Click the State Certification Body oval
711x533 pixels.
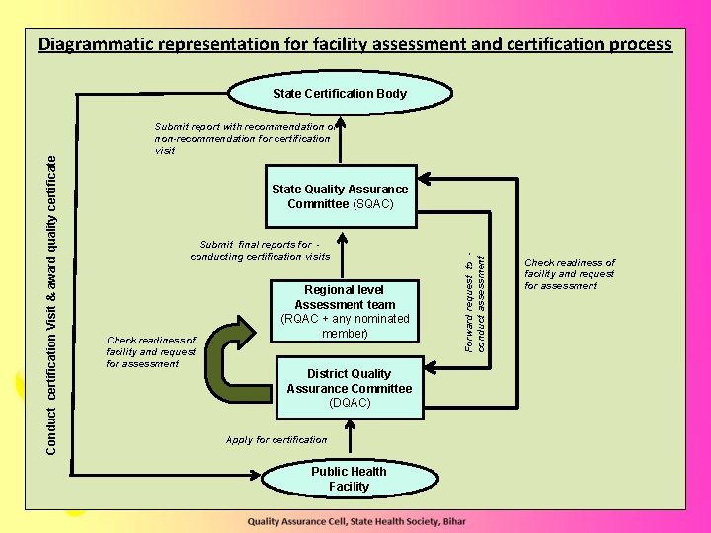(x=339, y=94)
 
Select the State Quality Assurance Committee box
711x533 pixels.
(x=340, y=196)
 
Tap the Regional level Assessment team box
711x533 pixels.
(x=344, y=312)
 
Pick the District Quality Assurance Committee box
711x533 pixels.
(x=349, y=388)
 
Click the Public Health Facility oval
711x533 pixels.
(x=349, y=479)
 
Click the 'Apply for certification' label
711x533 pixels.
(x=276, y=440)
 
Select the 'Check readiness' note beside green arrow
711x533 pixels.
(x=151, y=351)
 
